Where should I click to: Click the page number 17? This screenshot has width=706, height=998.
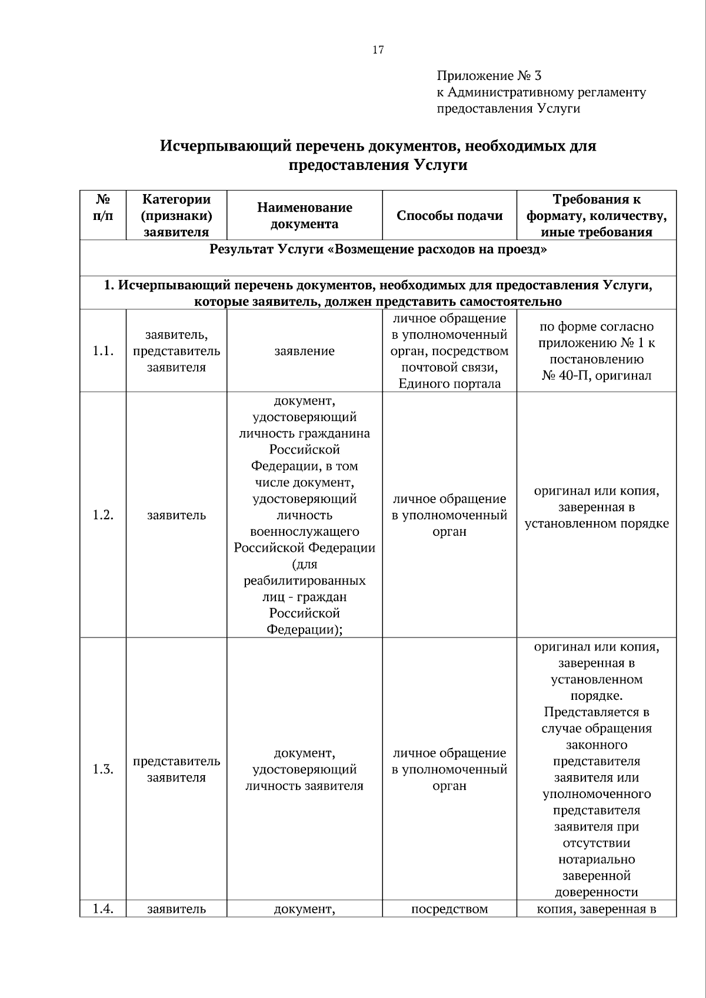[x=378, y=50]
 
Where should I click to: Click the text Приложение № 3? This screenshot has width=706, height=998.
[x=488, y=76]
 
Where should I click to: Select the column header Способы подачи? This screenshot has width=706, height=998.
[x=449, y=216]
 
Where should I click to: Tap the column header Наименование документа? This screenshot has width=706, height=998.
[x=304, y=216]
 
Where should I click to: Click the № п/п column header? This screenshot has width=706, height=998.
[x=103, y=208]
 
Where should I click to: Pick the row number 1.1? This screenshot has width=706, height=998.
[x=103, y=351]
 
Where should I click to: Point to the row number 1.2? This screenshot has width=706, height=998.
[x=103, y=515]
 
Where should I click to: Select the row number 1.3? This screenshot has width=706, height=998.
[x=103, y=770]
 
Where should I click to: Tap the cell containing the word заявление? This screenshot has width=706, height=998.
[x=304, y=351]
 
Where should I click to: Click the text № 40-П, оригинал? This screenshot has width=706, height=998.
[x=596, y=376]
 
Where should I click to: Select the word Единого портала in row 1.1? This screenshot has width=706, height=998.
[x=449, y=384]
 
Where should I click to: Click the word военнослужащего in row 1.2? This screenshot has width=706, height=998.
[x=304, y=532]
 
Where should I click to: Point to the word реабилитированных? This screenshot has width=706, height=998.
[x=304, y=581]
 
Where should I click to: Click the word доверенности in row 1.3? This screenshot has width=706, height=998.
[x=596, y=892]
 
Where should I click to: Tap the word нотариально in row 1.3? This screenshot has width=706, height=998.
[x=596, y=860]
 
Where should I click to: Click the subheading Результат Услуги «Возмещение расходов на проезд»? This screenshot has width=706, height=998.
[x=378, y=249]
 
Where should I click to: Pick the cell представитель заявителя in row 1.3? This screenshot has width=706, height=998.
[x=176, y=770]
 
